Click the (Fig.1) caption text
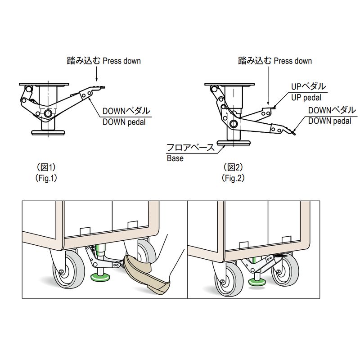pos(46,178)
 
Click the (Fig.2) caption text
pos(233,178)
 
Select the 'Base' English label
pos(175,158)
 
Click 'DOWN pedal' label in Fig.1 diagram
pos(124,121)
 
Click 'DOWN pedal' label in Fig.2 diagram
pos(329,121)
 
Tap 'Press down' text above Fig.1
pos(122,61)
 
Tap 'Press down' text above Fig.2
pos(292,61)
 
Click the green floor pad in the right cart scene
pos(257,281)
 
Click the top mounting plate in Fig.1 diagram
pos(44,85)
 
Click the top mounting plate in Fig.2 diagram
pos(229,85)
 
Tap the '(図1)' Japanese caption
pos(46,167)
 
